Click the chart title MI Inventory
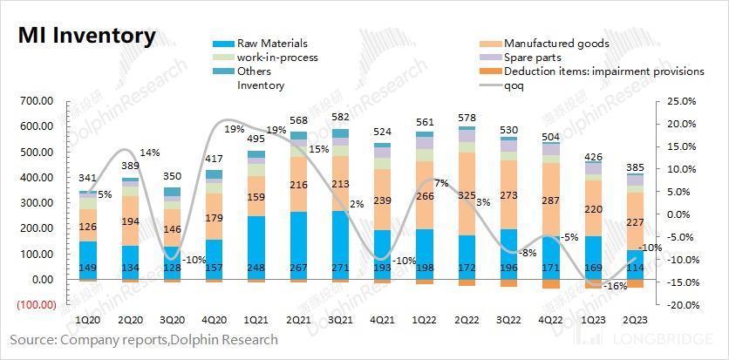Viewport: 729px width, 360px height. (x=87, y=37)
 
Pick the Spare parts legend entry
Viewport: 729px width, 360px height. (x=534, y=58)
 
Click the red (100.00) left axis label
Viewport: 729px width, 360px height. (x=34, y=306)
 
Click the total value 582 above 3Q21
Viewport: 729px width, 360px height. (x=342, y=118)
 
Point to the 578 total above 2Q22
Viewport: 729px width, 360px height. (x=467, y=117)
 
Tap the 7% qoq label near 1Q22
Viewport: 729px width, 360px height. (x=441, y=183)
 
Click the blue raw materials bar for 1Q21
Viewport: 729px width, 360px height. (x=256, y=248)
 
